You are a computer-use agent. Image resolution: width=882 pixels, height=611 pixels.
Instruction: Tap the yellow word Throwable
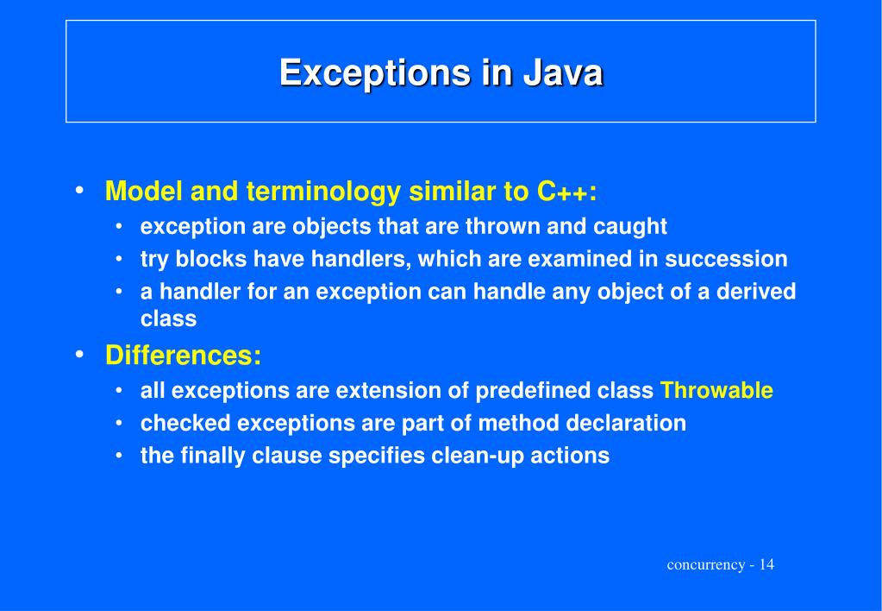pos(716,391)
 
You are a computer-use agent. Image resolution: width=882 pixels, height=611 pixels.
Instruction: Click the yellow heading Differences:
pos(183,356)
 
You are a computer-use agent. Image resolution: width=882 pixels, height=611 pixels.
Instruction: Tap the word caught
pos(630,227)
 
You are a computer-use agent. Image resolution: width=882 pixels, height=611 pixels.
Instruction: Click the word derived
pos(755,293)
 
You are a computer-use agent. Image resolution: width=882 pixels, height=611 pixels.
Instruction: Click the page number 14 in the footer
pos(766,564)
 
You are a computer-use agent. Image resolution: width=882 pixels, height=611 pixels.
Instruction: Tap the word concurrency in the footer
pos(705,564)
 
